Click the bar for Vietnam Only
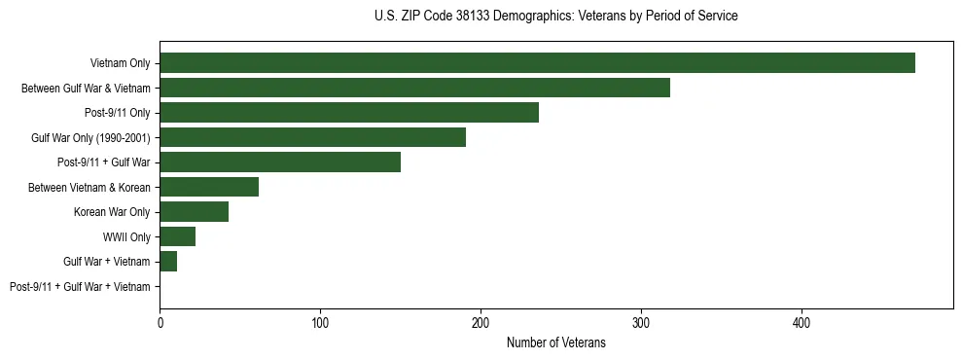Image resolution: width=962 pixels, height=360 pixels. pos(537,63)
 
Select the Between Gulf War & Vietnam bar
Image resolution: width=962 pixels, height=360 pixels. pos(414,88)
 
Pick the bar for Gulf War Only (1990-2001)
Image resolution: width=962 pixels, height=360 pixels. pos(312,137)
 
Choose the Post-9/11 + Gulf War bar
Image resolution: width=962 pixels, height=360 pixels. pos(280,162)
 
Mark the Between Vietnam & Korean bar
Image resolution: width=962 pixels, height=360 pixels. pos(209,187)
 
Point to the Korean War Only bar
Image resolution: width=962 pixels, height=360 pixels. pos(194,212)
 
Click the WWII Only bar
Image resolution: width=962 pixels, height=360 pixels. pos(177,236)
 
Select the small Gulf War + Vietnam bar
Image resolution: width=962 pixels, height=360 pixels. pos(168,262)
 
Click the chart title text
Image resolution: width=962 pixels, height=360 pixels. pos(555,16)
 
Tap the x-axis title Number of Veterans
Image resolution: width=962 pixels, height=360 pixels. pos(555,342)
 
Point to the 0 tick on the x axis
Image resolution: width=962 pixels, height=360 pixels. pos(160,322)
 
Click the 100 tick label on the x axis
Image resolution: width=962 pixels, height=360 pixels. pos(320,322)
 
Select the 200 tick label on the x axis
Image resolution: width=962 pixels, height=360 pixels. pos(481,322)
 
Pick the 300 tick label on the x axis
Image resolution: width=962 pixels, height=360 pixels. pos(641,322)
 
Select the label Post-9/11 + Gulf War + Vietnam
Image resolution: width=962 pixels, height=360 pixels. pos(80,286)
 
